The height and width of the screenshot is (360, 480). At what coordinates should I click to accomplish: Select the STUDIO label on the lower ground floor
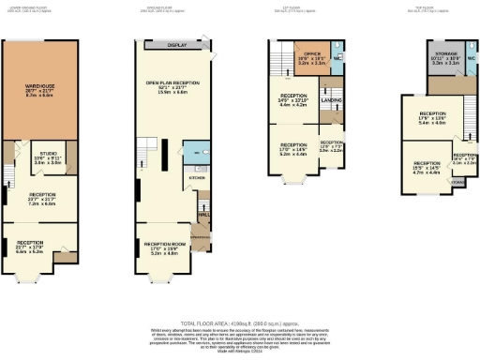click(47, 158)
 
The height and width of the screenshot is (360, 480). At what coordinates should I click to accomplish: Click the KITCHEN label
click(196, 176)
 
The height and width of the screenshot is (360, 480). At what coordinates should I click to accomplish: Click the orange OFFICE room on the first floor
click(309, 58)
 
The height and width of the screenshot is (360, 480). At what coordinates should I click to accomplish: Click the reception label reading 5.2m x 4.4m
click(292, 149)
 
